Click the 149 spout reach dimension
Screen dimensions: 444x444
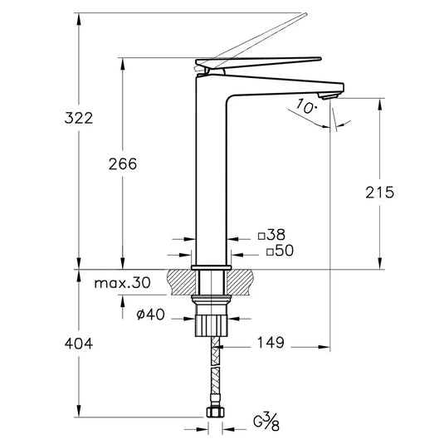click(270, 341)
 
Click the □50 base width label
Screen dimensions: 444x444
click(281, 250)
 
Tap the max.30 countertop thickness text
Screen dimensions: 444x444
click(121, 283)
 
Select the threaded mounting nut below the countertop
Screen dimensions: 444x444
click(212, 320)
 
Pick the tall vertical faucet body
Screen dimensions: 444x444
click(211, 174)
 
